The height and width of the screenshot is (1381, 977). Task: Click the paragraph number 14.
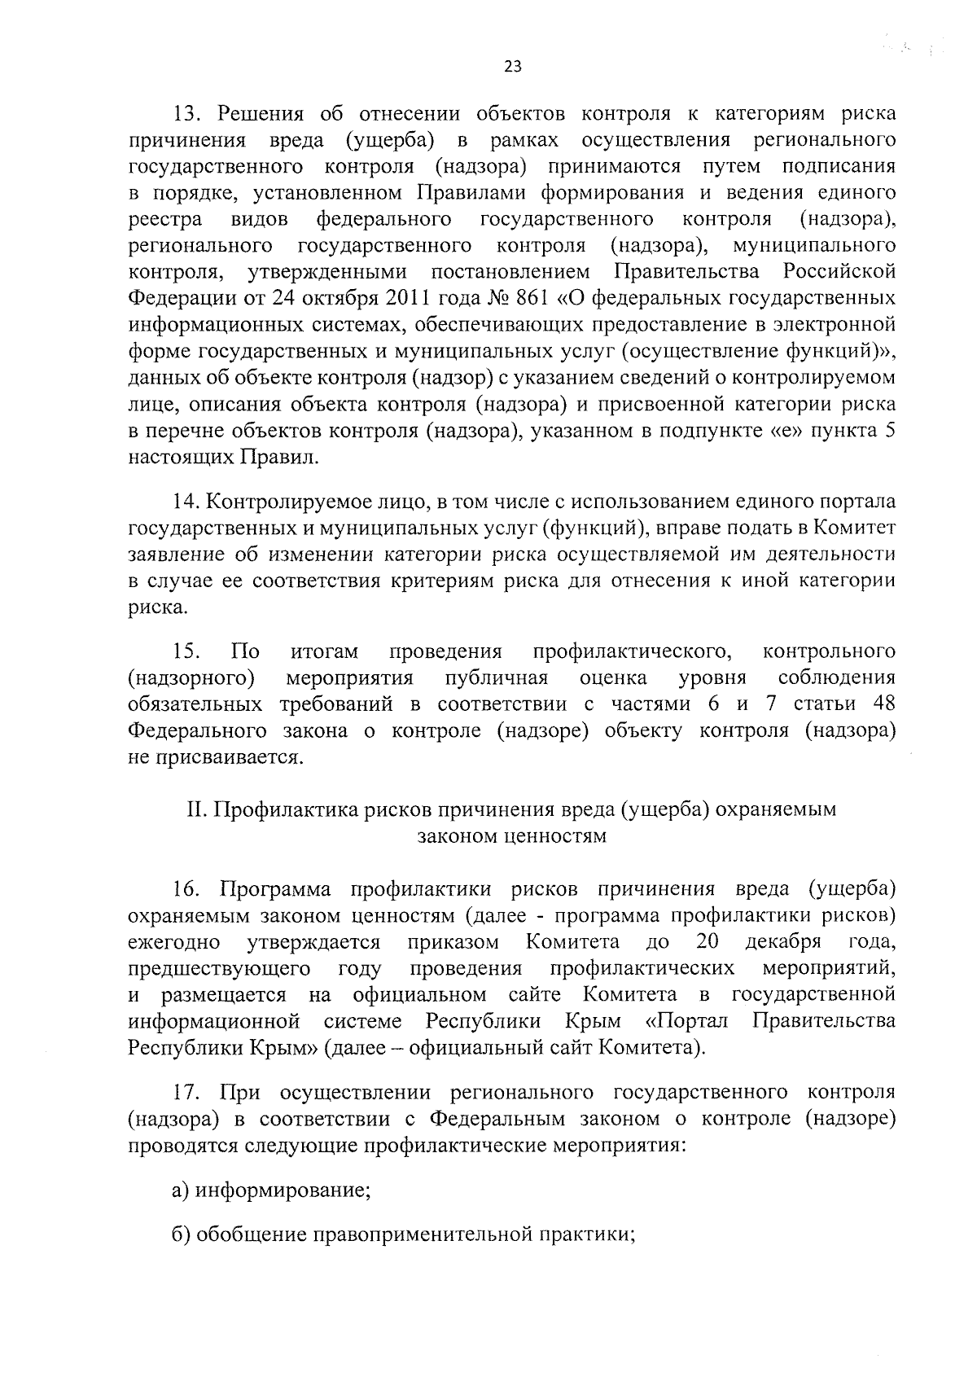pyautogui.click(x=186, y=502)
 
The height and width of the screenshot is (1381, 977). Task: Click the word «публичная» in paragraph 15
pyautogui.click(x=497, y=677)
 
